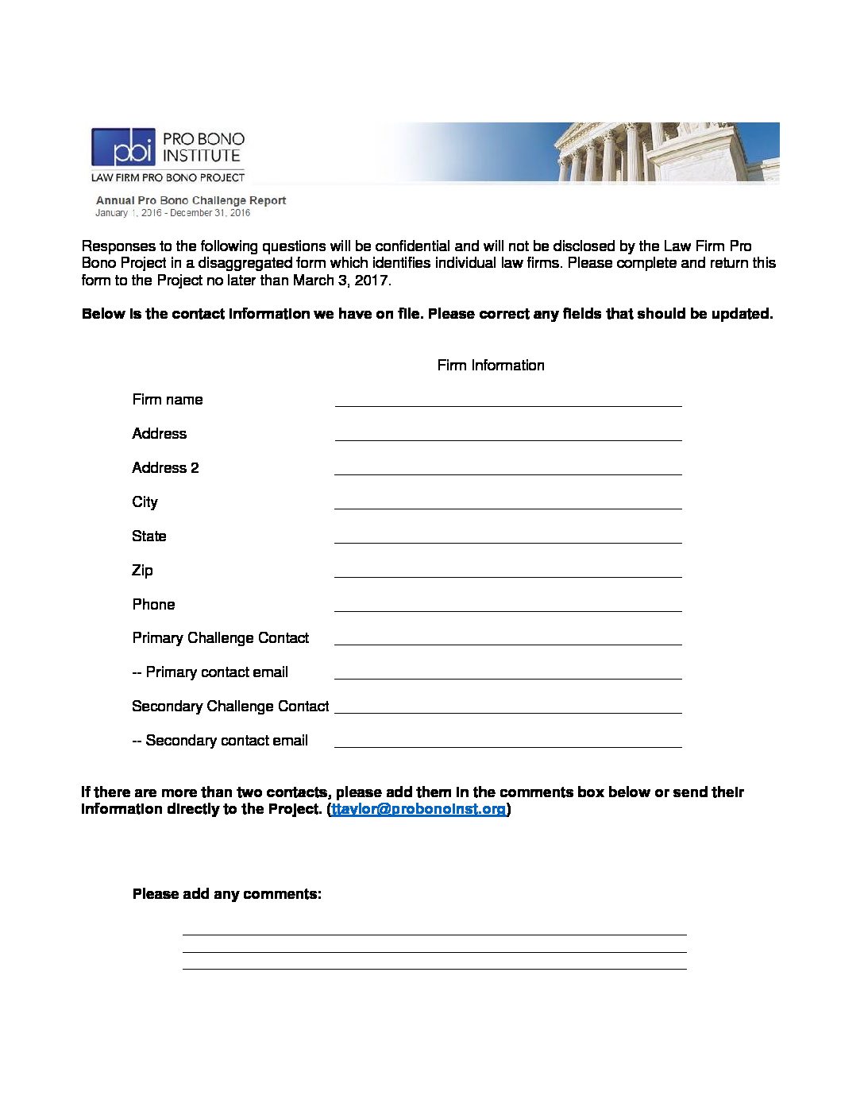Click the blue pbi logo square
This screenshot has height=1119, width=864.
123,147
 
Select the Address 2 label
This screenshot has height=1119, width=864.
165,467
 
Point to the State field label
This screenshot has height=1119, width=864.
149,536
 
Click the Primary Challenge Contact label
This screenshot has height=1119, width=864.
220,637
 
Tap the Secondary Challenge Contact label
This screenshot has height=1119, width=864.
230,706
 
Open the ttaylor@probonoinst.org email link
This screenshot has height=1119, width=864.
418,809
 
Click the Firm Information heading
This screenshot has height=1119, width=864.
491,365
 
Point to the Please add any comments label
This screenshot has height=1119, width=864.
227,894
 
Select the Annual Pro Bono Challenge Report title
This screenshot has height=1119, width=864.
191,200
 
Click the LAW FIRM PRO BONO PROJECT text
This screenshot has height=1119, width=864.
168,177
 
